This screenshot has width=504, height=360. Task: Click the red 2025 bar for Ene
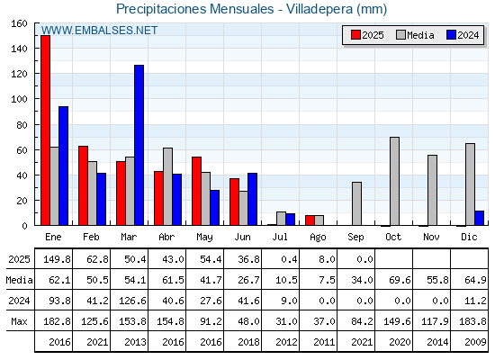pyautogui.click(x=46, y=130)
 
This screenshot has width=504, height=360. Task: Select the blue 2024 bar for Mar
pyautogui.click(x=139, y=145)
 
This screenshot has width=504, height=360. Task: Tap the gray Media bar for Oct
pyautogui.click(x=395, y=181)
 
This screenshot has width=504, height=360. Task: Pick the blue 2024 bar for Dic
pyautogui.click(x=479, y=218)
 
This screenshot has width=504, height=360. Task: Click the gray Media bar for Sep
pyautogui.click(x=356, y=203)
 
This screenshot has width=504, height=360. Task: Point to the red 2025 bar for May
pyautogui.click(x=197, y=191)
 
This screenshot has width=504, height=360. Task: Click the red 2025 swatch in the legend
pyautogui.click(x=355, y=35)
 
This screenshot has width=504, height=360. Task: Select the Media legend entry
pyautogui.click(x=415, y=35)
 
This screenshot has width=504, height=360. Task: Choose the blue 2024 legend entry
pyautogui.click(x=463, y=35)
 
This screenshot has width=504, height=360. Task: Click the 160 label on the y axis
pyautogui.click(x=20, y=23)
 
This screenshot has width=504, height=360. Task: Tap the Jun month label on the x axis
pyautogui.click(x=242, y=238)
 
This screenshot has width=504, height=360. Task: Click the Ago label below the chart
pyautogui.click(x=318, y=238)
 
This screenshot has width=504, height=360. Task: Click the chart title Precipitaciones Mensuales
pyautogui.click(x=194, y=9)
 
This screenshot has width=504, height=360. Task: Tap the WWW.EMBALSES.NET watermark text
pyautogui.click(x=99, y=31)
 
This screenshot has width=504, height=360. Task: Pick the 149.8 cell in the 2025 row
pyautogui.click(x=57, y=259)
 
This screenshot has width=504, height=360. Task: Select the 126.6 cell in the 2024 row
pyautogui.click(x=132, y=301)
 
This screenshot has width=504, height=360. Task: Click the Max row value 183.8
pyautogui.click(x=472, y=321)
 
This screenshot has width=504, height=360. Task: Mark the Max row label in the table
pyautogui.click(x=19, y=321)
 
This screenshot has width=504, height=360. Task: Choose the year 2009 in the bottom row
pyautogui.click(x=475, y=342)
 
